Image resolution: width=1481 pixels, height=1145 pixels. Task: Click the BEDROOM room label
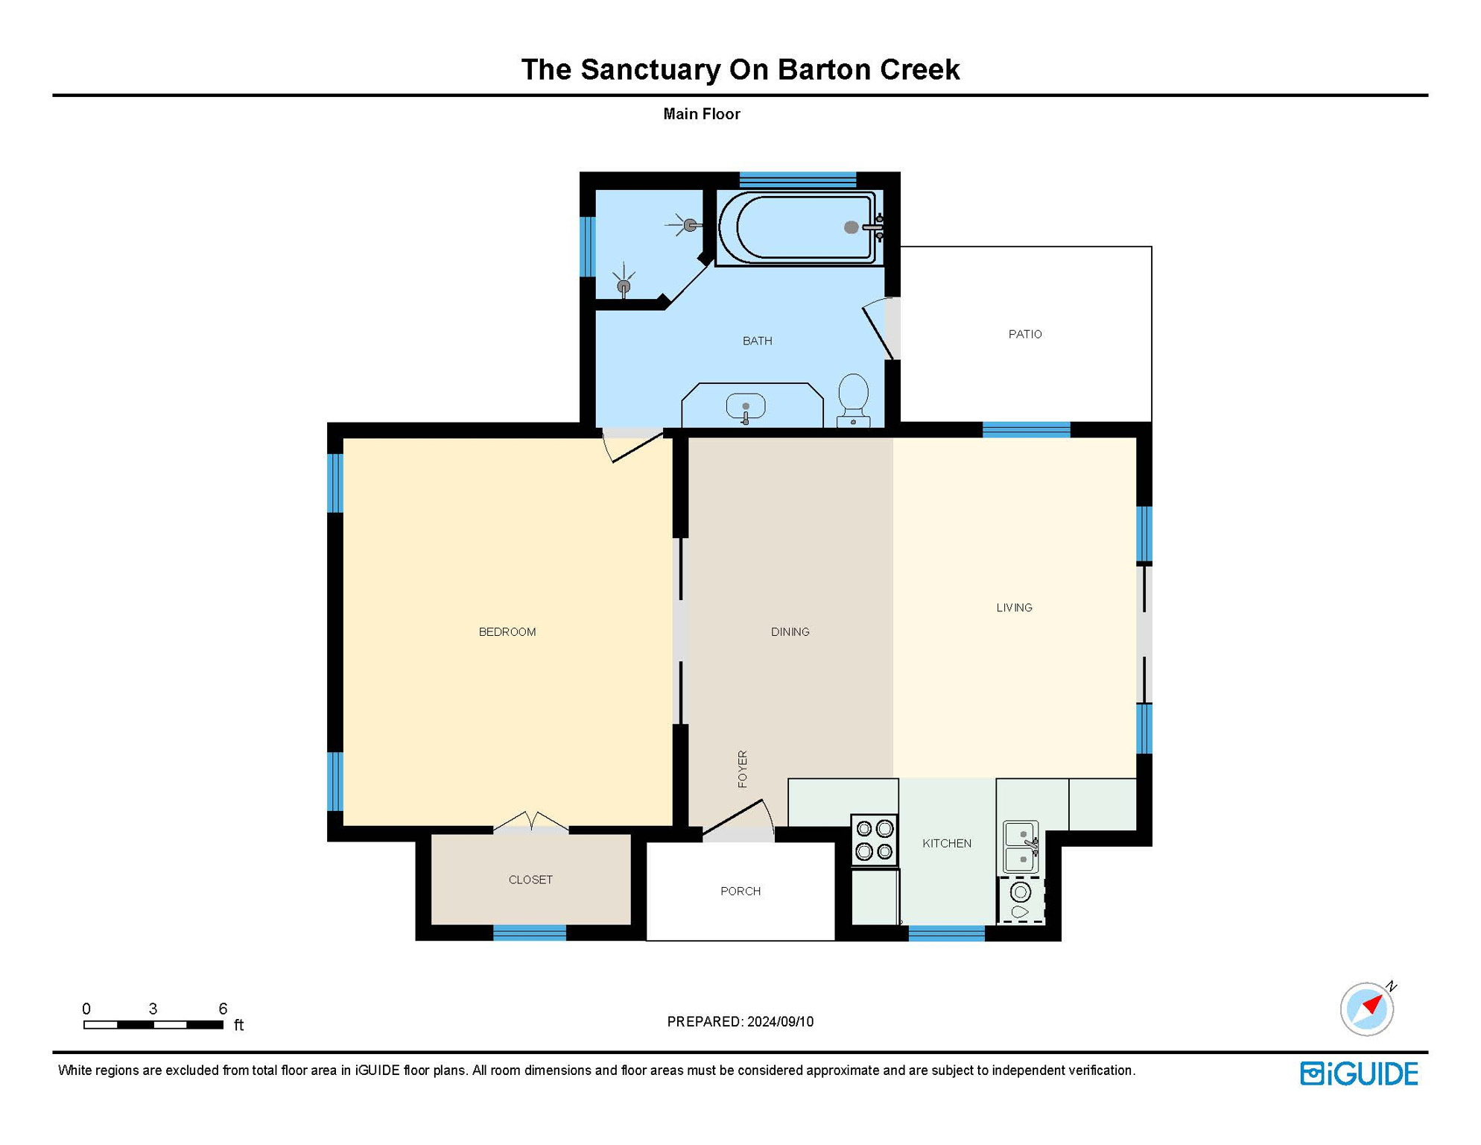click(x=507, y=632)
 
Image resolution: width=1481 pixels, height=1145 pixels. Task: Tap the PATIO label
click(x=1025, y=334)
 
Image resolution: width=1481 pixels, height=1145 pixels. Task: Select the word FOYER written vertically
click(x=743, y=769)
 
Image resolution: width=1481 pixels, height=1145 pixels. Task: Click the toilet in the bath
click(x=853, y=398)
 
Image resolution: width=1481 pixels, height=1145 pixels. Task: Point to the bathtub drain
click(x=851, y=227)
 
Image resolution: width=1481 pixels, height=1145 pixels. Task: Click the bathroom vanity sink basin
click(x=746, y=407)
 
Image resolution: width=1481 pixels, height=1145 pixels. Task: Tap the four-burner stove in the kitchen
click(x=875, y=839)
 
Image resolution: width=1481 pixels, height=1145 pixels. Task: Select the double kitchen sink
click(x=1020, y=847)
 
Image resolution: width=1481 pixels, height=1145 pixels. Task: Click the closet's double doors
click(x=531, y=821)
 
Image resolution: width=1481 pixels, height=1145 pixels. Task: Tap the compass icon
click(x=1366, y=1009)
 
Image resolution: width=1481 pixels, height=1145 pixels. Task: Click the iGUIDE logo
click(x=1359, y=1073)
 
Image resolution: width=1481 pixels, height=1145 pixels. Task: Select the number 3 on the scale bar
click(x=153, y=1009)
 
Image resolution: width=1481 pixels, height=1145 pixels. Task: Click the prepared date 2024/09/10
click(x=780, y=1021)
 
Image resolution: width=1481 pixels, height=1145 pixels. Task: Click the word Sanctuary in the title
click(x=650, y=69)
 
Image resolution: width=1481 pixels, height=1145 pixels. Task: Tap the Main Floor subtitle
click(x=701, y=114)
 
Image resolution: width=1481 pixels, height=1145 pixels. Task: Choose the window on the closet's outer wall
click(x=530, y=932)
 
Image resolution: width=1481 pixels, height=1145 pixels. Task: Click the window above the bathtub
click(x=797, y=180)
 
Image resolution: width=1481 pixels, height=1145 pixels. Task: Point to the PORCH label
click(x=740, y=891)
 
